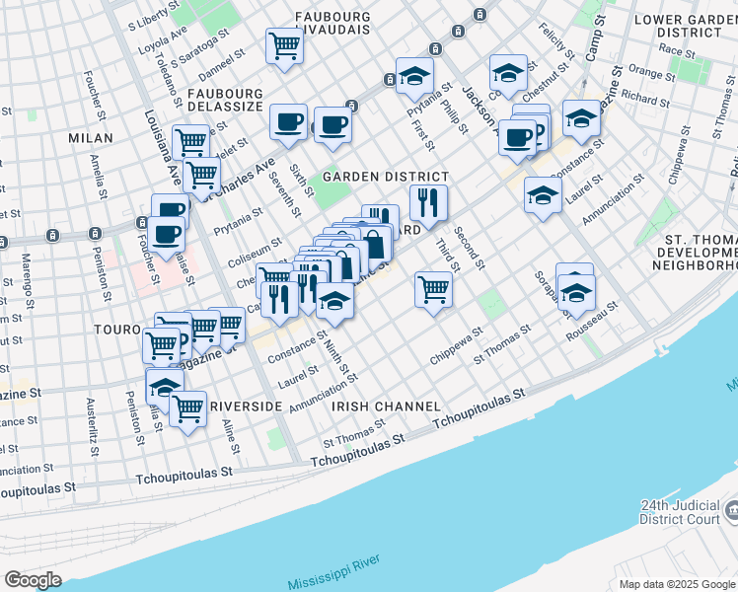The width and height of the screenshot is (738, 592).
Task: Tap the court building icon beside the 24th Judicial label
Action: pos(730,510)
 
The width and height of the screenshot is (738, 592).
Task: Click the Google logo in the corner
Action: pos(33,580)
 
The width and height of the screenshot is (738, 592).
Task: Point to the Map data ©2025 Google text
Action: pos(678,584)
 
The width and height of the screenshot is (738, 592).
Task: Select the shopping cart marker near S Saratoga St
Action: pos(284,45)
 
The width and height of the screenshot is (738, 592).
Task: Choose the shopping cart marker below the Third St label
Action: pos(433,289)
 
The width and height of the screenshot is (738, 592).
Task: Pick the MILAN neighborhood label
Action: pos(91,138)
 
